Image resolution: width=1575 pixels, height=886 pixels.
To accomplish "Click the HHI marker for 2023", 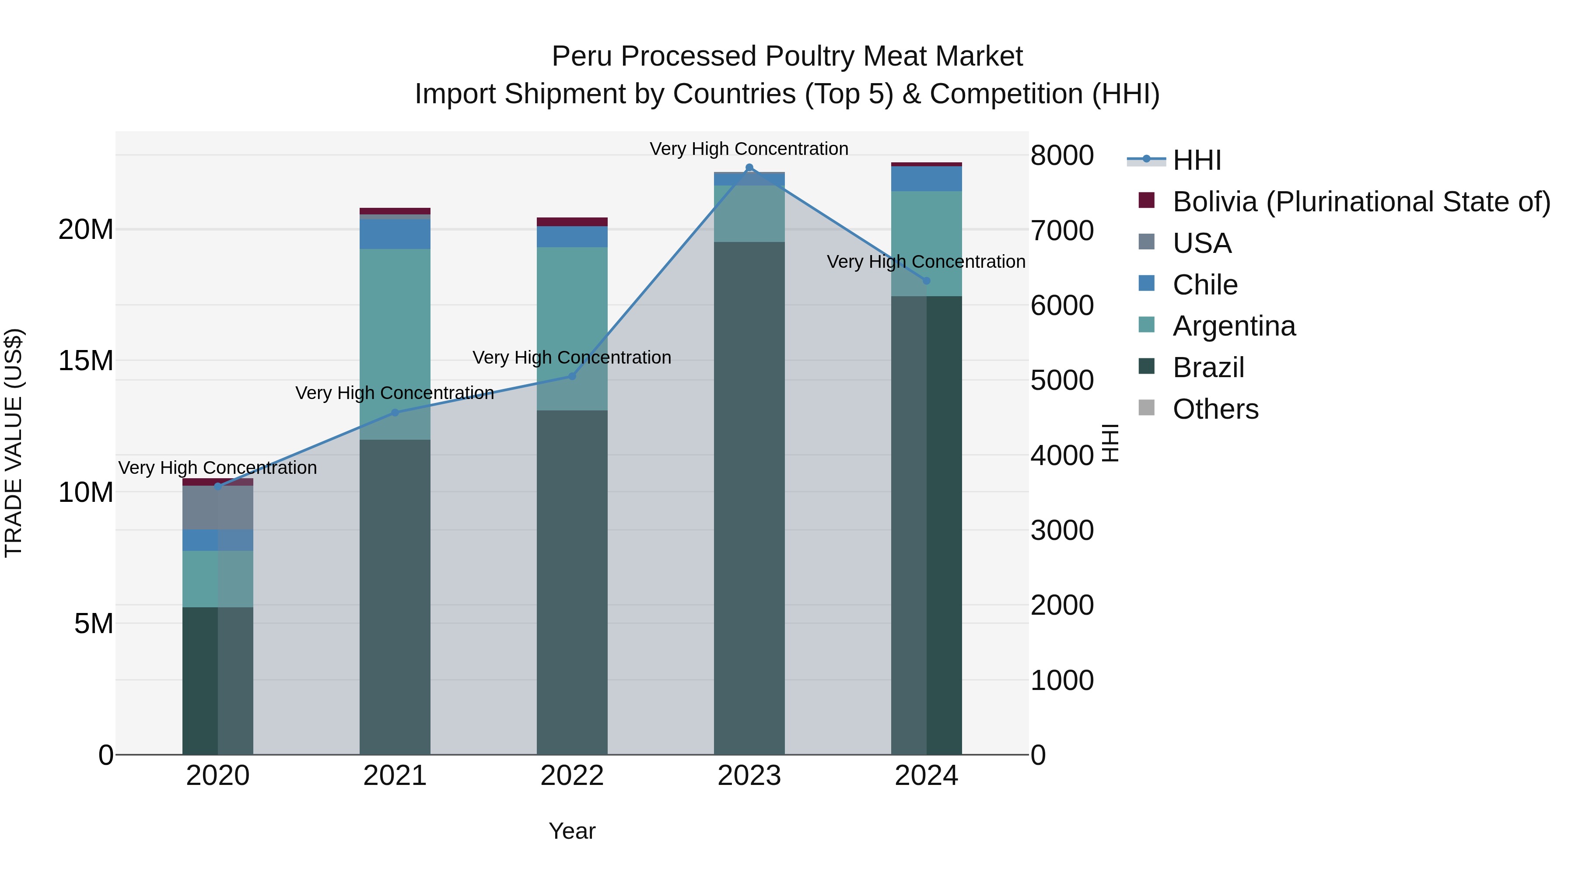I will (749, 168).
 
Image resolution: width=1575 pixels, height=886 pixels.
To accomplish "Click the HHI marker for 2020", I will (218, 486).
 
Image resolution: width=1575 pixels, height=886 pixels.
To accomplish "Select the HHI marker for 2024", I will (926, 280).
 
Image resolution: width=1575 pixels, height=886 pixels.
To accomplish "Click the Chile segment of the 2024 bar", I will (926, 179).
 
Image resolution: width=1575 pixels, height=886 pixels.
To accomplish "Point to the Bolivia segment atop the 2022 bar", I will (572, 222).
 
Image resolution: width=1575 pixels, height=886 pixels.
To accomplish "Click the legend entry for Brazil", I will (1208, 368).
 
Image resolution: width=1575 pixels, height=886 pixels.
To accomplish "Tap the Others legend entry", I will (1215, 409).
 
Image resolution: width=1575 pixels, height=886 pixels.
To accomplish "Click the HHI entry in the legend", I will (1197, 160).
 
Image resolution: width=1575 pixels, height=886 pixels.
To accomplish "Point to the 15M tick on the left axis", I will (86, 361).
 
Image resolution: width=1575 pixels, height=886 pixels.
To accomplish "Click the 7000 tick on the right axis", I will (1062, 231).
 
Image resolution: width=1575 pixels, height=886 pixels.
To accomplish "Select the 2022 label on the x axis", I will (572, 776).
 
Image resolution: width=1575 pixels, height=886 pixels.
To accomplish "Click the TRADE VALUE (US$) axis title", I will (14, 443).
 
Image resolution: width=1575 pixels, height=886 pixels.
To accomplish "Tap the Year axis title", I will (572, 831).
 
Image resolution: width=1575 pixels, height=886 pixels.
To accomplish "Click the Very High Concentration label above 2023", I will (749, 149).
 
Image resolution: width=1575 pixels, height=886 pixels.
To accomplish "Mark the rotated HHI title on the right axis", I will (1109, 443).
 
